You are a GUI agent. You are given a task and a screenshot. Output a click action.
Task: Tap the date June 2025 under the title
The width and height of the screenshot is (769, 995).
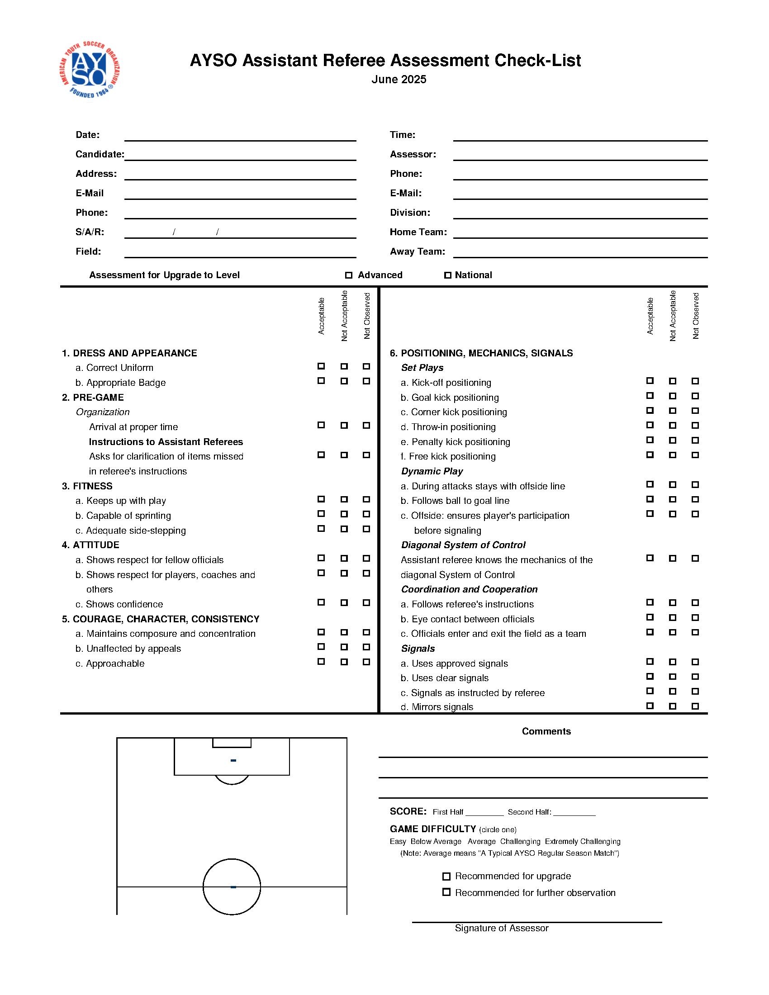pos(399,80)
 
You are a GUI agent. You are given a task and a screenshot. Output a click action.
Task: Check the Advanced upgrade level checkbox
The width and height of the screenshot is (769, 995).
pos(349,275)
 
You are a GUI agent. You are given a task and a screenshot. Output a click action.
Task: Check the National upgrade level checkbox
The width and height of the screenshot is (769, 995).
pos(448,275)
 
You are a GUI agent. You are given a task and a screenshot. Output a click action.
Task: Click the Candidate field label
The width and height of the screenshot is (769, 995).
pos(100,154)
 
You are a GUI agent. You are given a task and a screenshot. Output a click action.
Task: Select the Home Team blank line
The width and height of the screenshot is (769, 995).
pos(580,233)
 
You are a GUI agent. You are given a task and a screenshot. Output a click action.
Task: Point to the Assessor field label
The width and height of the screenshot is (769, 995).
pos(413,154)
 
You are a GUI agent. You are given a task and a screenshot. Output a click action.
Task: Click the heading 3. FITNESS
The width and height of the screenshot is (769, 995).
pos(87,486)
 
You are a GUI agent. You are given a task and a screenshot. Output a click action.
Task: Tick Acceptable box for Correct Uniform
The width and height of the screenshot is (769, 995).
pos(321,366)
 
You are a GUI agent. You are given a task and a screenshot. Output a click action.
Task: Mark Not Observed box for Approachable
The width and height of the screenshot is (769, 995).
pos(366,662)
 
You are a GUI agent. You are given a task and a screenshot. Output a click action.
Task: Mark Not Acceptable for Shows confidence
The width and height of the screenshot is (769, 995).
pos(344,603)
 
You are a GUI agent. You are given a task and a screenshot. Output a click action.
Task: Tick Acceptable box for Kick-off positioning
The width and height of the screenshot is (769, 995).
pos(650,381)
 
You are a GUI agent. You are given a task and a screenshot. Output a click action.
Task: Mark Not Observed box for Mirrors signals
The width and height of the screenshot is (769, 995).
pos(695,706)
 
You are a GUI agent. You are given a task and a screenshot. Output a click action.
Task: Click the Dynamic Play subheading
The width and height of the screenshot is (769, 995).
pos(432,472)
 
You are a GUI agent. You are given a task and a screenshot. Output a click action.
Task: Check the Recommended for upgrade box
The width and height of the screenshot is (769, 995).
pos(446,877)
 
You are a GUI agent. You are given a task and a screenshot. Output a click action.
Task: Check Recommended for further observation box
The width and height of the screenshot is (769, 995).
pos(446,892)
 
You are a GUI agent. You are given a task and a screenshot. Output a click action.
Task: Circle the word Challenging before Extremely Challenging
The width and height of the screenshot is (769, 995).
pos(520,842)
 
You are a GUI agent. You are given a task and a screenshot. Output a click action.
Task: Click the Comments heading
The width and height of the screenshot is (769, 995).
pos(546,731)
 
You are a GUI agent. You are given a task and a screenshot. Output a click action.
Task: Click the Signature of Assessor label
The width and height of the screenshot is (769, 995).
pos(502,929)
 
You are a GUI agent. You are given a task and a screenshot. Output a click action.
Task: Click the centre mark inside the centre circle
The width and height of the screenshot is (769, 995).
pos(233,887)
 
